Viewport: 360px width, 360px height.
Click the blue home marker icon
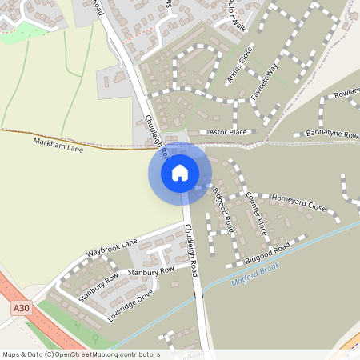[180, 173]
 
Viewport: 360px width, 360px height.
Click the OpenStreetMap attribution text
[80, 354]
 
